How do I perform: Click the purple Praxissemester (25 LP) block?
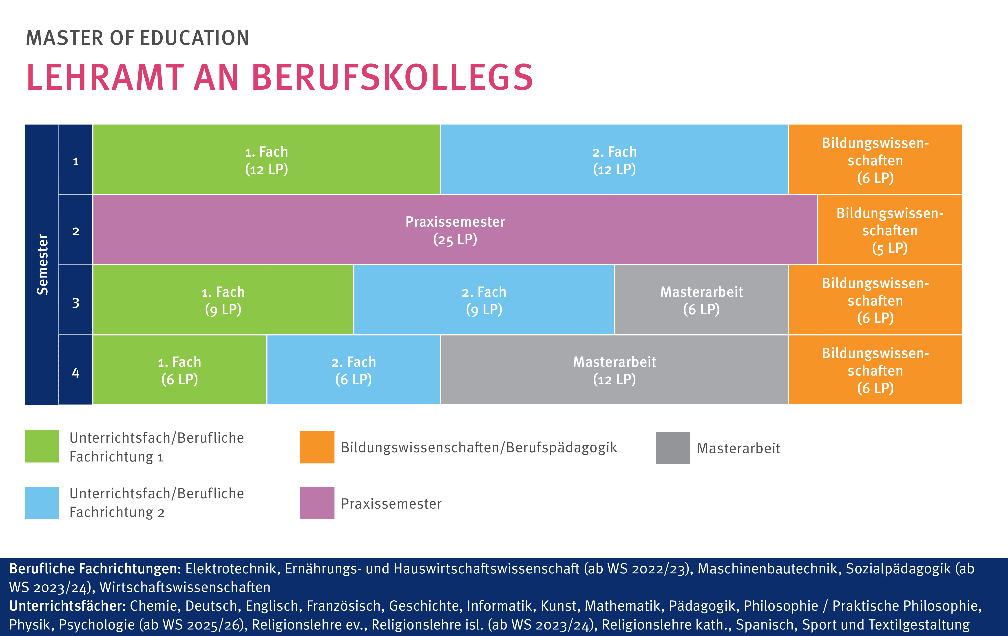(455, 230)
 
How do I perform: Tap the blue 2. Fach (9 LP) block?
(484, 300)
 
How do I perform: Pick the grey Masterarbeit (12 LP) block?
(615, 370)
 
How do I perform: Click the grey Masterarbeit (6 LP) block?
(702, 300)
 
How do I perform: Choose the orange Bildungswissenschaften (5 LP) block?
(890, 230)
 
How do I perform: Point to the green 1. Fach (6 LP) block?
(180, 370)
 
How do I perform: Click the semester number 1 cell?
(76, 161)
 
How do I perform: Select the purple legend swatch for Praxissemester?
(317, 503)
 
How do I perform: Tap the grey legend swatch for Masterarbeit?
(673, 448)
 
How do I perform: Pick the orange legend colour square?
(317, 447)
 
